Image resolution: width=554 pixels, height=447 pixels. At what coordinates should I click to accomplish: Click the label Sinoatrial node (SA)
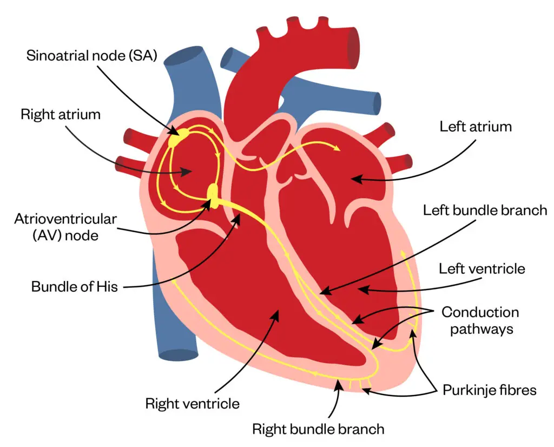91,56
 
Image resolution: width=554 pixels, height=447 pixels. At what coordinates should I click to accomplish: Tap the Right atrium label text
61,114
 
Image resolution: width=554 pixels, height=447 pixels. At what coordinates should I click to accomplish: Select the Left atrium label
475,127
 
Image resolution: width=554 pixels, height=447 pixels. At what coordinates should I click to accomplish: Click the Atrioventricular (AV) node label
65,227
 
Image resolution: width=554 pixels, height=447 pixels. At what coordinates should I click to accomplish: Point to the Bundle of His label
74,286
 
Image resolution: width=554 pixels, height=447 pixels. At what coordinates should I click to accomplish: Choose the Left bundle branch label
485,210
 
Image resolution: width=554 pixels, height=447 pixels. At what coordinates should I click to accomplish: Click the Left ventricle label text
482,268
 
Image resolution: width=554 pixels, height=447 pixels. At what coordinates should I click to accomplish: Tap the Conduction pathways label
480,320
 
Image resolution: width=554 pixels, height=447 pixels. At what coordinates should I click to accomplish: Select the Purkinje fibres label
489,389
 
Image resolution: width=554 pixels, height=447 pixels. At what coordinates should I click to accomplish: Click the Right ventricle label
192,403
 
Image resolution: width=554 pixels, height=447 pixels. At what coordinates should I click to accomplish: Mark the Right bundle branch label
318,429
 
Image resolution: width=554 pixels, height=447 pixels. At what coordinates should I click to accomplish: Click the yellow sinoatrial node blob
178,137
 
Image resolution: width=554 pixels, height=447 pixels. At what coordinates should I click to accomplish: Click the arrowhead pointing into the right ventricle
279,313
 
